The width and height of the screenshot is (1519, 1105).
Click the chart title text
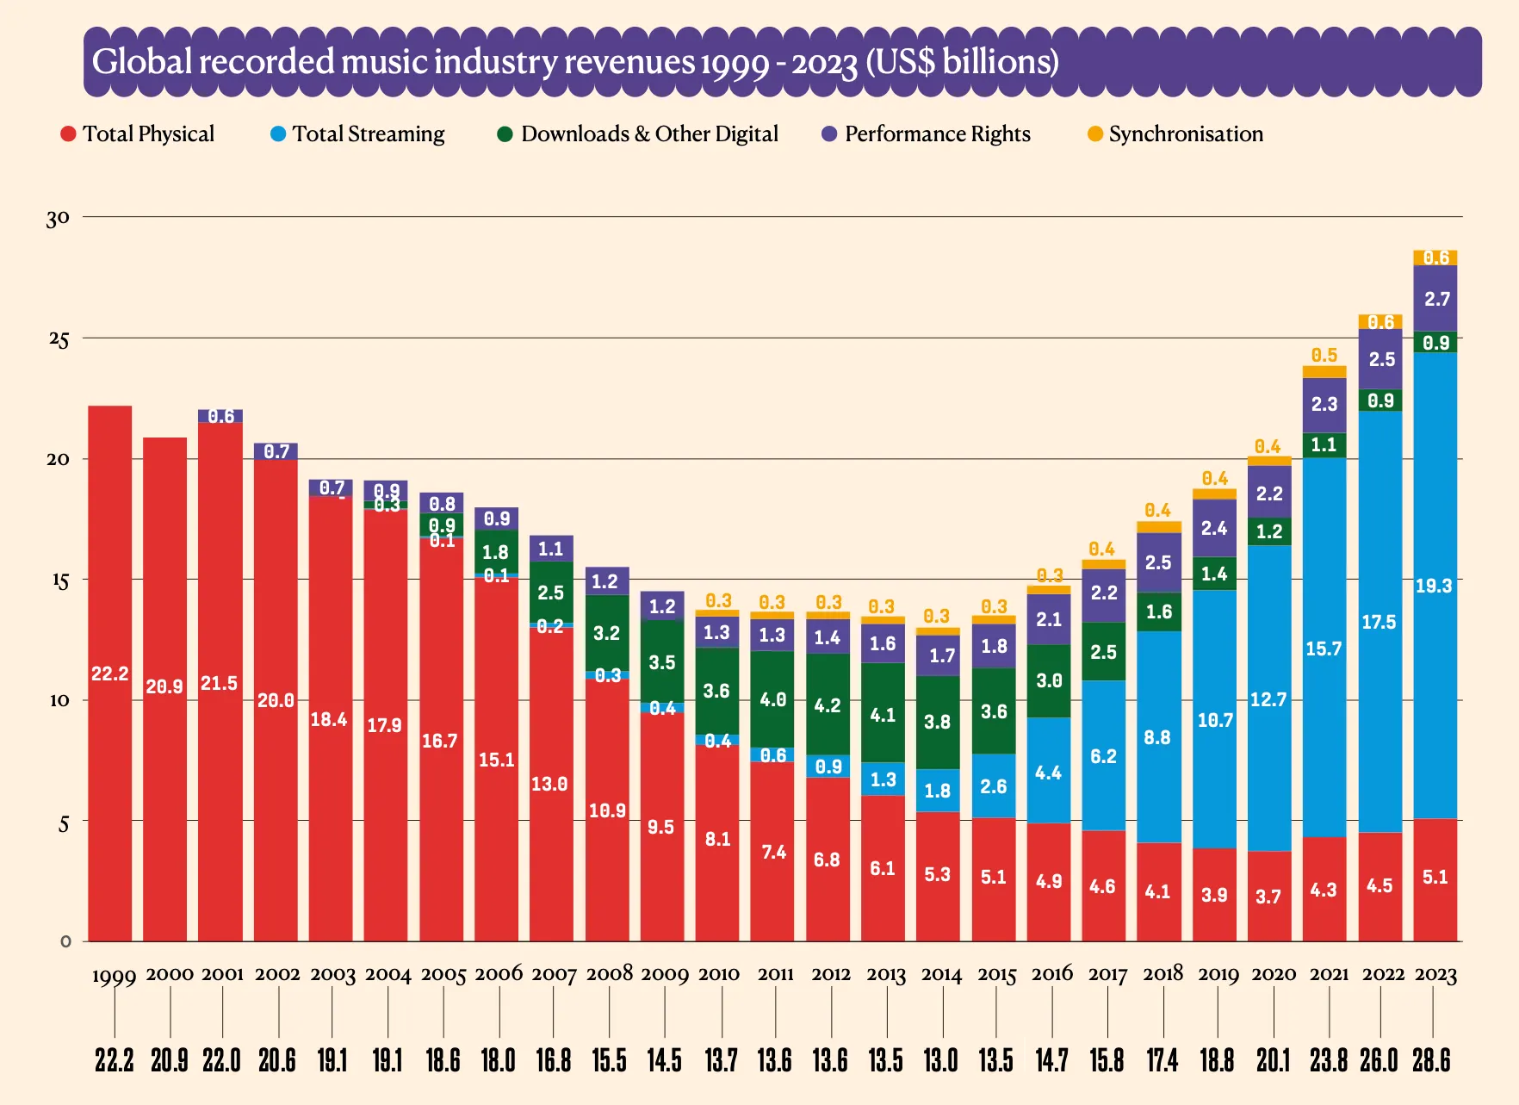coord(575,62)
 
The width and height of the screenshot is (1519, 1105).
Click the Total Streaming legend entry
coord(368,134)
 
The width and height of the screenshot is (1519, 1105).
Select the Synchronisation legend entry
coord(1185,134)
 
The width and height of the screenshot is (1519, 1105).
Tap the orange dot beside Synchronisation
coord(1095,134)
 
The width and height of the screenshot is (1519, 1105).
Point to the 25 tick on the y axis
coord(59,339)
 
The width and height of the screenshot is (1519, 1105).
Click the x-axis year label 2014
coord(941,975)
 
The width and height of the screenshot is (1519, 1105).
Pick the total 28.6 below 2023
coord(1431,1060)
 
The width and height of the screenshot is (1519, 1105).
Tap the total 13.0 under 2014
coord(940,1060)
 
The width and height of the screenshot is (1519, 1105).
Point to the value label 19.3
coord(1434,587)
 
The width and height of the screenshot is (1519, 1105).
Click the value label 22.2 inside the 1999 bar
coord(110,674)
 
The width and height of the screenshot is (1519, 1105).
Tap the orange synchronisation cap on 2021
coord(1324,372)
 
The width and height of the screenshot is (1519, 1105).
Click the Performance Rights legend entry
coord(937,134)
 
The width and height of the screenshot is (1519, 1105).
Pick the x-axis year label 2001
coord(222,975)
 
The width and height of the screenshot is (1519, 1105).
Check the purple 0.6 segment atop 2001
coord(220,417)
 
